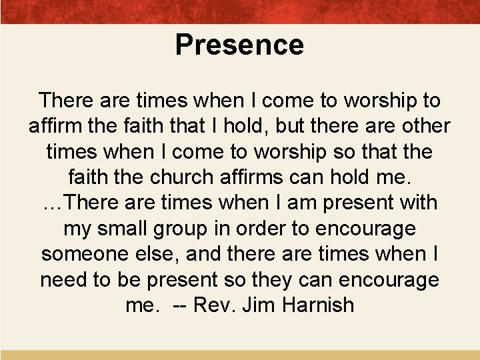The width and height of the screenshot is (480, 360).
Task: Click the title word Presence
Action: (239, 45)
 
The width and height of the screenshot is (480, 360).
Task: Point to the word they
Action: (287, 279)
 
